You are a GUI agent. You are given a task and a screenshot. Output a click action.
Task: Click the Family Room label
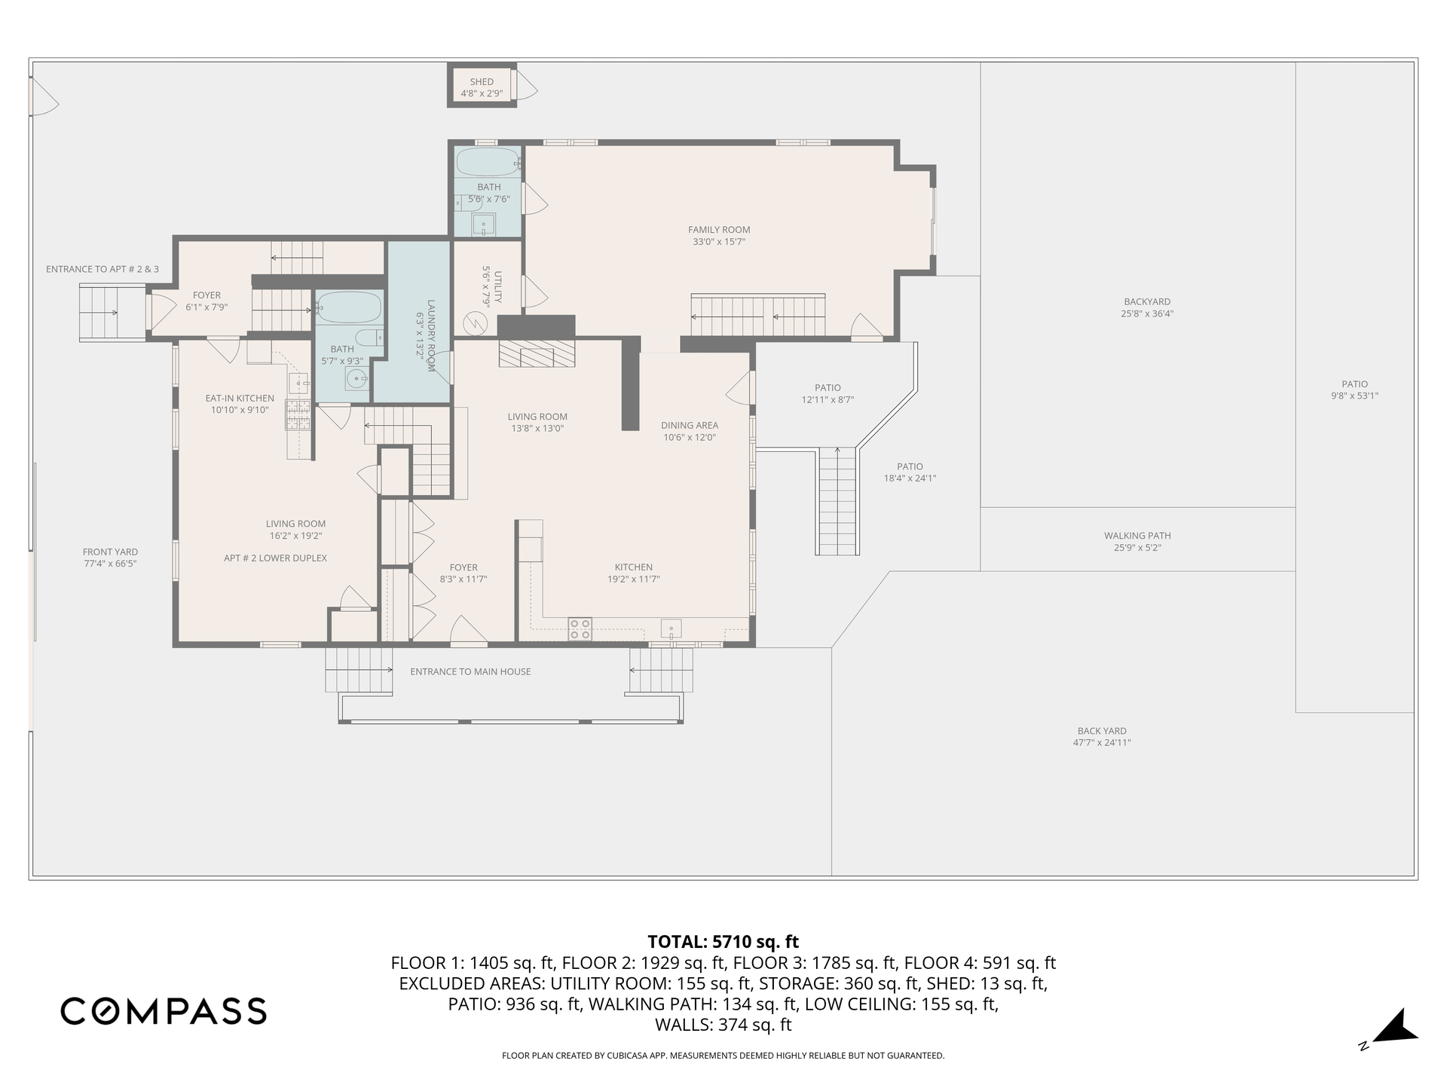(719, 230)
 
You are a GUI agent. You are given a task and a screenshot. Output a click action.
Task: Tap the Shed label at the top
(482, 82)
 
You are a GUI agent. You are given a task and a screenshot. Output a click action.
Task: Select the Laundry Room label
(431, 335)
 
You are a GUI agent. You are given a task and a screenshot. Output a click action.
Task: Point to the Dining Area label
(690, 426)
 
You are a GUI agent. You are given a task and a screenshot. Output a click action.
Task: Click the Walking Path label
(1137, 536)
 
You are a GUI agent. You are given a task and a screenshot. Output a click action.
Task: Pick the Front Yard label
(110, 552)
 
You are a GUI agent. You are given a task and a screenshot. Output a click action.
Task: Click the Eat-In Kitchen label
(240, 399)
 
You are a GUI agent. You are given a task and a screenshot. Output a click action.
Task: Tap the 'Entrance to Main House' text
(470, 672)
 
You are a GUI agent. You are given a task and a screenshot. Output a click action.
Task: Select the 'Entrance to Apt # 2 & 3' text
(102, 269)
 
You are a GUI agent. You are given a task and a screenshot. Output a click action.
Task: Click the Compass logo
(164, 1010)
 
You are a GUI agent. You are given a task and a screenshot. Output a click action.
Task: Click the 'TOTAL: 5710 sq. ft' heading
(723, 942)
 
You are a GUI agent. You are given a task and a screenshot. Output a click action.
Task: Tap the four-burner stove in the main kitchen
(580, 629)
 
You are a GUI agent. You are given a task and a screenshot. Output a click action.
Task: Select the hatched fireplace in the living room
(537, 353)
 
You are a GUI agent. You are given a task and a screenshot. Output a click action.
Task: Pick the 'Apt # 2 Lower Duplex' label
(275, 558)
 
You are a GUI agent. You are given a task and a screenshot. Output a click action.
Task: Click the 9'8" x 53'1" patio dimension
(1354, 396)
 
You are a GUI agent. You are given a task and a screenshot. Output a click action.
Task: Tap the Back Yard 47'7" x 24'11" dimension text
(1102, 743)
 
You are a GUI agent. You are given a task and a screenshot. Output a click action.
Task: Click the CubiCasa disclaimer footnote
(723, 1056)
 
